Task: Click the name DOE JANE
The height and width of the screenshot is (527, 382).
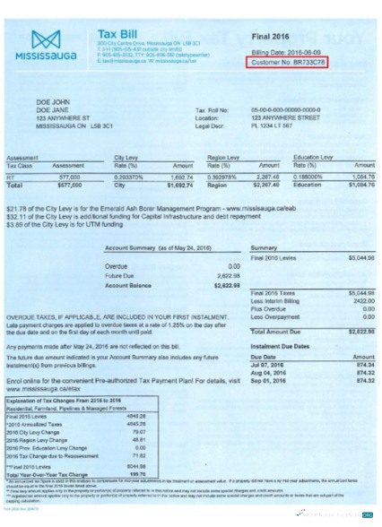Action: (x=52, y=109)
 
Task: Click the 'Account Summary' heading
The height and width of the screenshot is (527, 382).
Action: (x=143, y=246)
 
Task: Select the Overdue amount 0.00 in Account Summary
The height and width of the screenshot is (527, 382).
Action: (x=233, y=266)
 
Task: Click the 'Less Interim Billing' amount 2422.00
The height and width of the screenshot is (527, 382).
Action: (x=360, y=301)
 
